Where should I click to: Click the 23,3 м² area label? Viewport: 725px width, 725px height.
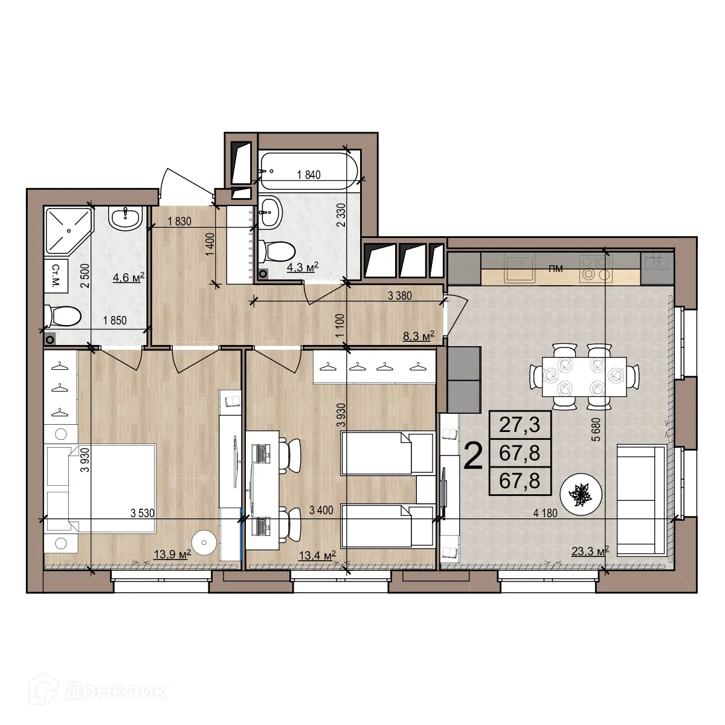[589, 550]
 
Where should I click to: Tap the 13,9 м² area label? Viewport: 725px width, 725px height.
[172, 554]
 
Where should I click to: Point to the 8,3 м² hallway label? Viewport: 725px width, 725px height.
[419, 336]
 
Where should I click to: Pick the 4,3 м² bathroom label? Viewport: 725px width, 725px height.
[302, 267]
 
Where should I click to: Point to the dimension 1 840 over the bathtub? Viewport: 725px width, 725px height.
[308, 175]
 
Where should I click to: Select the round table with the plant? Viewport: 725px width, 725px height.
[581, 494]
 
